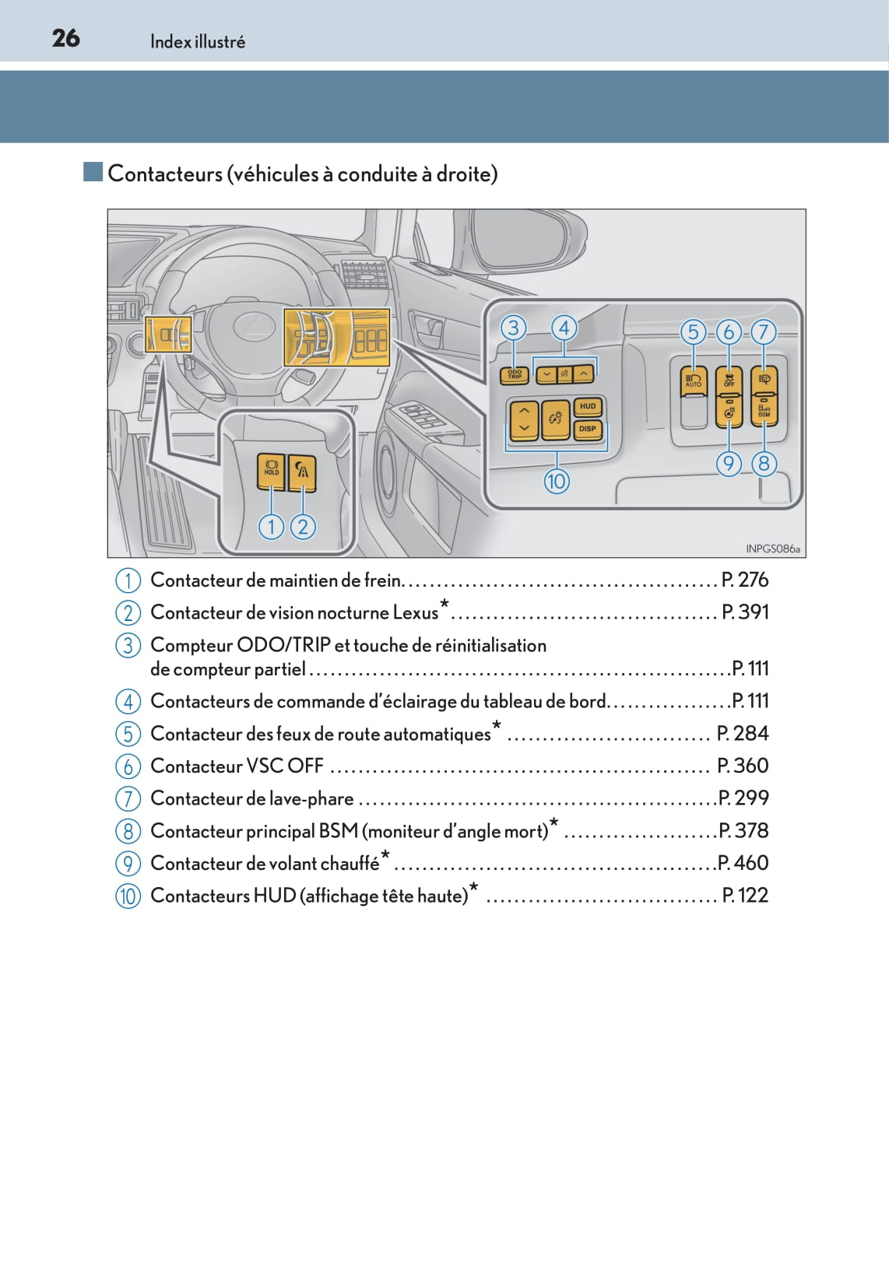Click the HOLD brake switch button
[271, 471]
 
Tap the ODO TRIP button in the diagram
[515, 375]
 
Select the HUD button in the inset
[587, 406]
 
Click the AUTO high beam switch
[693, 381]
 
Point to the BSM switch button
[764, 410]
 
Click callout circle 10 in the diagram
[557, 481]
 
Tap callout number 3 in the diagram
[513, 328]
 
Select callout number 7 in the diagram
[763, 332]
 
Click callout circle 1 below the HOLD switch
[271, 526]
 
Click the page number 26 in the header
[66, 38]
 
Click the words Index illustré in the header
[198, 41]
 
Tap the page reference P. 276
[745, 580]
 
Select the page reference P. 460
[743, 862]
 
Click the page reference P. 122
[745, 895]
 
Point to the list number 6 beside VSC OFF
[128, 766]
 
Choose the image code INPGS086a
[772, 549]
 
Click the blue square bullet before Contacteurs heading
[93, 172]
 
